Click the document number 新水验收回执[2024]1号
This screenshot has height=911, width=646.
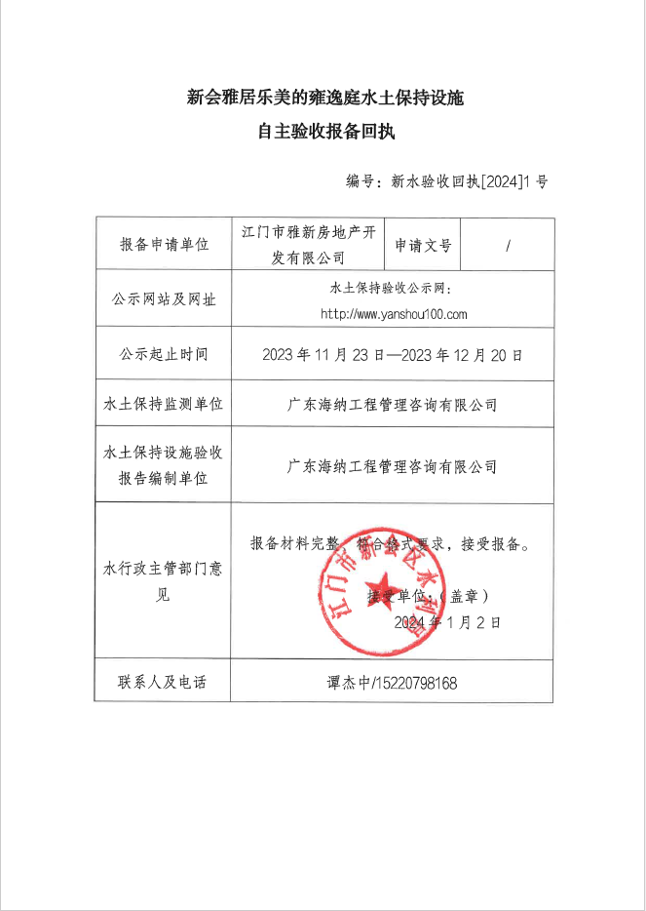pos(469,181)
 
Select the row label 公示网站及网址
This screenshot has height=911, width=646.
pos(164,299)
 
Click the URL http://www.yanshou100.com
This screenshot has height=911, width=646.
pos(394,314)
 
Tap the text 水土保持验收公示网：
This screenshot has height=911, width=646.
pos(393,289)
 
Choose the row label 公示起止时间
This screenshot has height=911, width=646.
pos(164,354)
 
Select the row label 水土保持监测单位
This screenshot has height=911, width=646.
pos(164,404)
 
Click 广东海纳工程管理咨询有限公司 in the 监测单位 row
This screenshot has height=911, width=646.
pos(393,404)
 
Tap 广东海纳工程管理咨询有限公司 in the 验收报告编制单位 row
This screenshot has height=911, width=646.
pos(393,466)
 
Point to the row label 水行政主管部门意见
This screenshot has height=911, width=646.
pos(164,582)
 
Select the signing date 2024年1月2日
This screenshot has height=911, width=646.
pos(447,621)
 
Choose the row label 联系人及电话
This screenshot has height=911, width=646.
pos(164,683)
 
